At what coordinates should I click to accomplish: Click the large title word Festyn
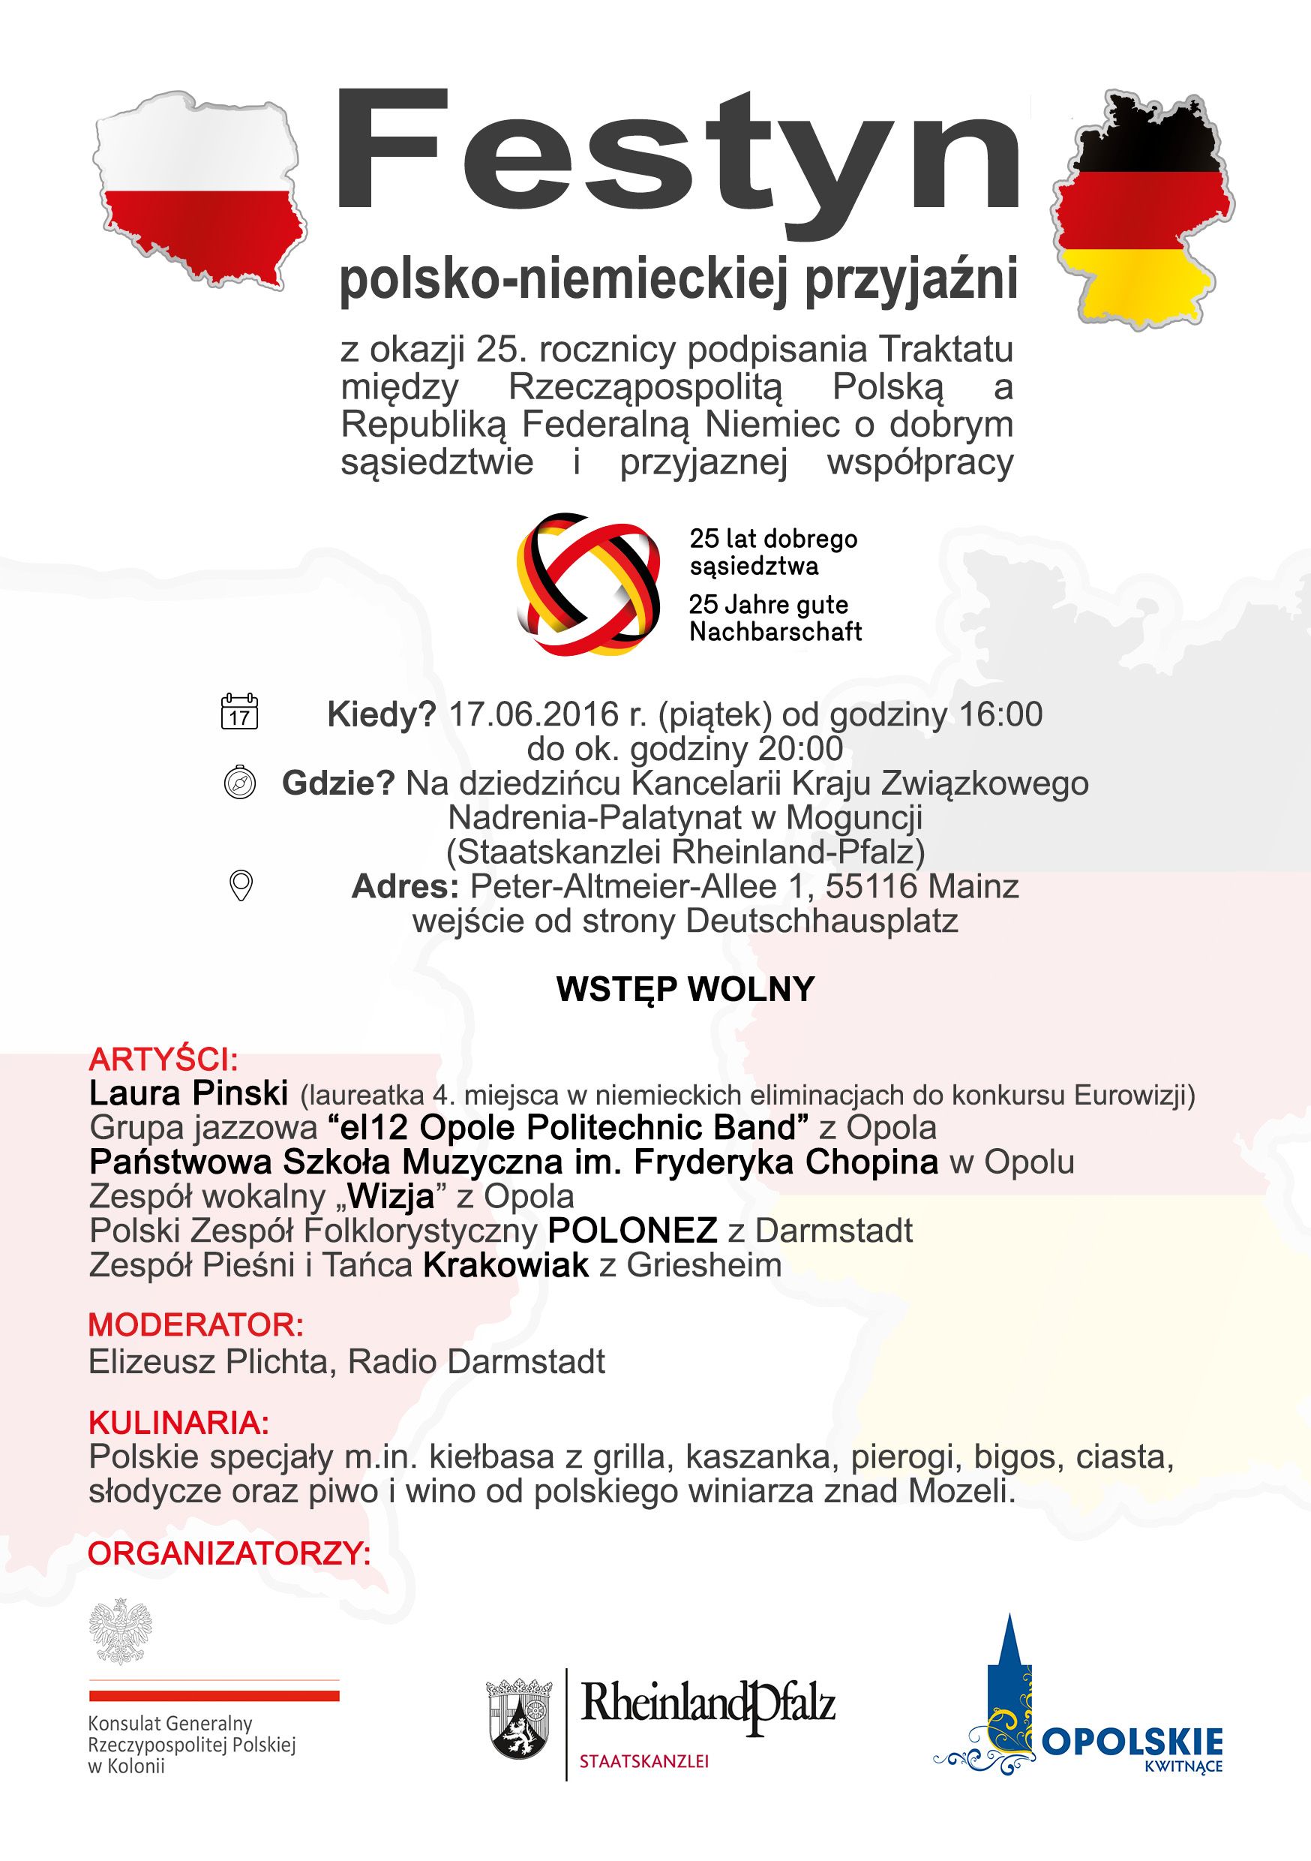(677, 158)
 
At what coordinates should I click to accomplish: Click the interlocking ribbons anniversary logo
(588, 584)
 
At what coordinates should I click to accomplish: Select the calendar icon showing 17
(239, 711)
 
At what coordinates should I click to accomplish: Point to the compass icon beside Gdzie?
(240, 783)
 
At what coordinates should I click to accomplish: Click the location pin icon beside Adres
(241, 885)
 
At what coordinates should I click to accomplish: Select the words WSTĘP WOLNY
(685, 989)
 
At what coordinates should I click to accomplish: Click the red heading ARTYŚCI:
(163, 1060)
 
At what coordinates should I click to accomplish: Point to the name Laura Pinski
(189, 1093)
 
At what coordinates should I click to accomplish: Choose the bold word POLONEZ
(632, 1231)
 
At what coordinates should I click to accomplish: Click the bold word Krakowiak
(505, 1265)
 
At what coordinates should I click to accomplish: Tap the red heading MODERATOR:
(195, 1325)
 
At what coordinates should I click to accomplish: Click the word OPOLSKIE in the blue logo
(1131, 1741)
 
